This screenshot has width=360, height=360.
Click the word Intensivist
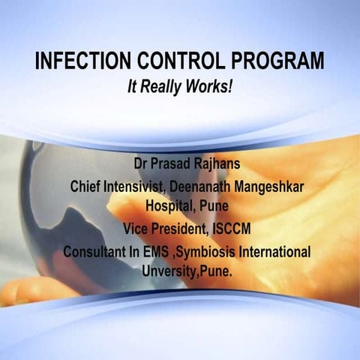point(134,186)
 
